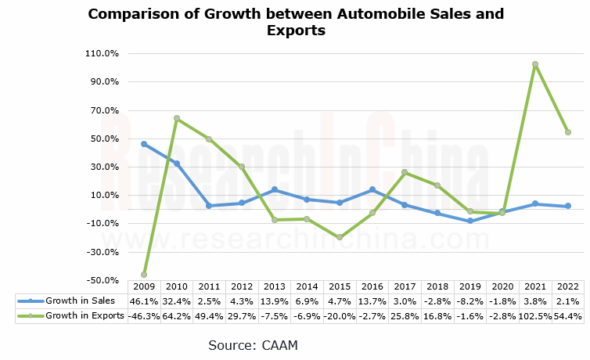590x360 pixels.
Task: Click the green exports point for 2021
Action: tap(535, 64)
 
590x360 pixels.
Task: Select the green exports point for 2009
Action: tap(144, 275)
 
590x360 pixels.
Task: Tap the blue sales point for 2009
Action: tap(144, 144)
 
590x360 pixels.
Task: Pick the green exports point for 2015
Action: tap(340, 237)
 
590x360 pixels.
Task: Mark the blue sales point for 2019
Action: tap(470, 221)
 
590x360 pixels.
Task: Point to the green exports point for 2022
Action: tap(568, 132)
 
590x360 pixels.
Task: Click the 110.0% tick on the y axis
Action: tap(103, 53)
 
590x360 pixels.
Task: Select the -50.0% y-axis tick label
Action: tap(103, 280)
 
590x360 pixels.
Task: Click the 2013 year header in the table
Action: tap(275, 287)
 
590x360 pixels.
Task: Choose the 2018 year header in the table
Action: tap(437, 287)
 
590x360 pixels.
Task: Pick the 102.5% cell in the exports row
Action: tap(535, 315)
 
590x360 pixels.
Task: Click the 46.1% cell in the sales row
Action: tap(144, 301)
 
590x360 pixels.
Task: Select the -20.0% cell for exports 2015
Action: tap(340, 315)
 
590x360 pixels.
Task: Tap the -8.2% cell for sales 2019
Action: tap(470, 301)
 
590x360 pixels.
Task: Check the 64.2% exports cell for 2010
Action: tap(177, 315)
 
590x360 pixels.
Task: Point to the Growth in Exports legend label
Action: tap(85, 315)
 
